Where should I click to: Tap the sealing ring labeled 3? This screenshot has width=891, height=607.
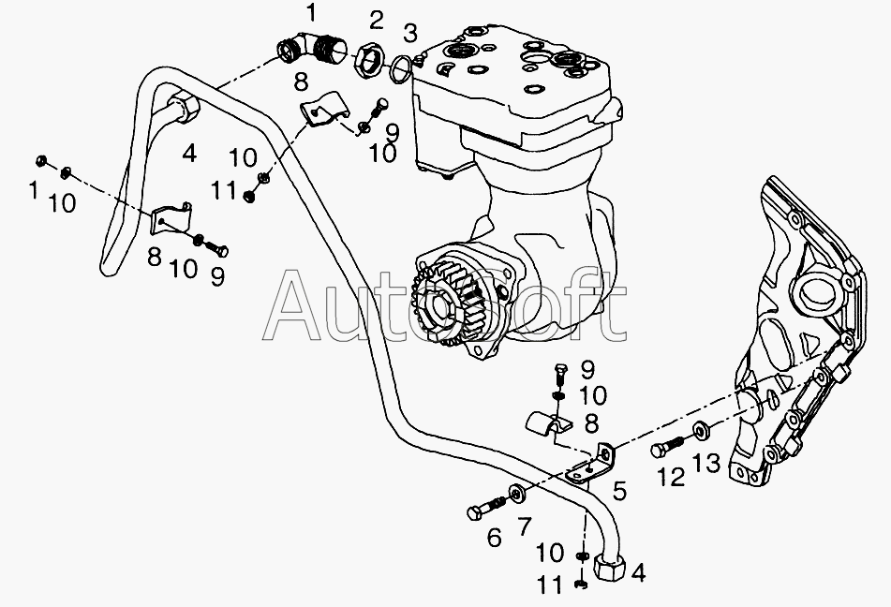401,67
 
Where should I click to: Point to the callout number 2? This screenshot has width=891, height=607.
376,20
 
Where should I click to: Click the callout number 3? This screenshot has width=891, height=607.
409,35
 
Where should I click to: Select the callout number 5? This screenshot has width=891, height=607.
619,488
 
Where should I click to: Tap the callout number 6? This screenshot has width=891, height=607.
495,537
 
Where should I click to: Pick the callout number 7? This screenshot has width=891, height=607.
524,526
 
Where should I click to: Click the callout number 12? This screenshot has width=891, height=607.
671,477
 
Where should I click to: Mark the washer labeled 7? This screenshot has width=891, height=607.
516,493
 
